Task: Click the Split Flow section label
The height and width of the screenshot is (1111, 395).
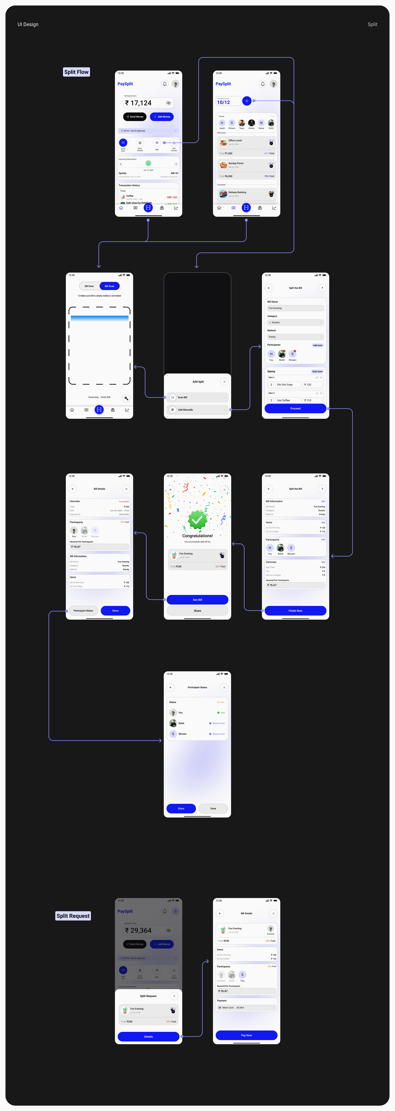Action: tap(76, 72)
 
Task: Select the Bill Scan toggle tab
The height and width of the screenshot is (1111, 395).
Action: tap(109, 286)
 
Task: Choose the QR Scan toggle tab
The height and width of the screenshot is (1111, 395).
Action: tap(89, 286)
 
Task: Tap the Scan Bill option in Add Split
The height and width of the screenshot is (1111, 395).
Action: tap(197, 397)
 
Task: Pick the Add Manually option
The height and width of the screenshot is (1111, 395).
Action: tap(197, 410)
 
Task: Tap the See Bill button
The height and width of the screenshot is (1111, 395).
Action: tap(197, 599)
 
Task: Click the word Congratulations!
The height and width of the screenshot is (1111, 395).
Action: tap(197, 536)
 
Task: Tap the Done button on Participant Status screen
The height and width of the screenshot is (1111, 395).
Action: tap(213, 808)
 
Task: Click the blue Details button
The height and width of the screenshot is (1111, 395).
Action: tap(148, 1036)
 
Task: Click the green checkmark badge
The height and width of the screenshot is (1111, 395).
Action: tap(197, 520)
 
